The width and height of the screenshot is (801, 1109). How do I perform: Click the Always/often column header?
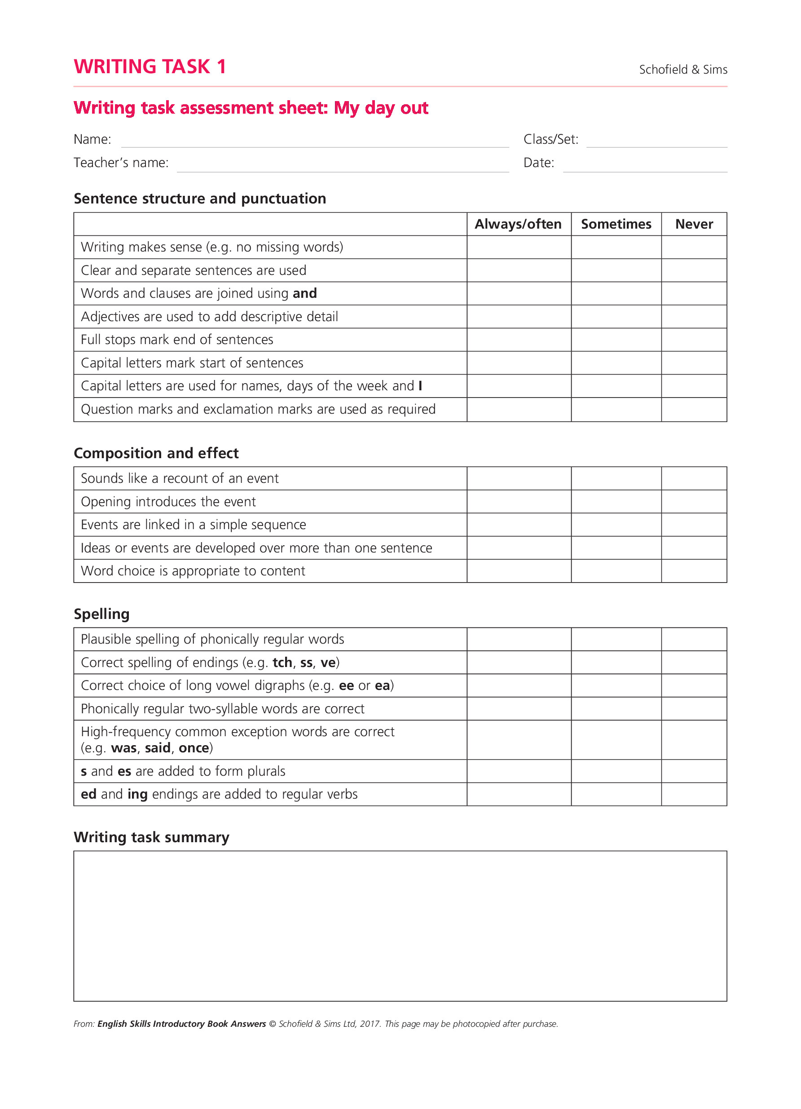518,224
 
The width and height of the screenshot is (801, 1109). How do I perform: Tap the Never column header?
694,224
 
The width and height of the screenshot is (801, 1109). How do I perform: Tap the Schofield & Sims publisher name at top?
683,70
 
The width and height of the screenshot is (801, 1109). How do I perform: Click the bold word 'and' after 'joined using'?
304,293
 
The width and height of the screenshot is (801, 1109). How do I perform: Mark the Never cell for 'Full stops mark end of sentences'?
694,340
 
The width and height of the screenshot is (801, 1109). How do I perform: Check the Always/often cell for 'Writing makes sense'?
519,247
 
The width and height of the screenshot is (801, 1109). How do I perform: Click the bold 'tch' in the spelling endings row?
282,662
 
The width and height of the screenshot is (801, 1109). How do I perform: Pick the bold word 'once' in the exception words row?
194,748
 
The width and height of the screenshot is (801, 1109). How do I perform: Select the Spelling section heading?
101,614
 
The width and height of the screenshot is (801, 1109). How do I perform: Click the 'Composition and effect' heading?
156,453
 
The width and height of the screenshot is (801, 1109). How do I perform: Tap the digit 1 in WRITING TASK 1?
221,66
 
